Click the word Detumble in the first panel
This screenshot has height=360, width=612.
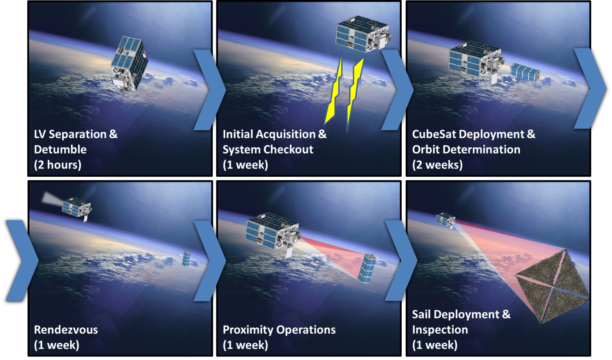coord(60,150)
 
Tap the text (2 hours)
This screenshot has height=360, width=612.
coord(58,165)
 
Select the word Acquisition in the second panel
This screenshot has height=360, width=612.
coord(286,134)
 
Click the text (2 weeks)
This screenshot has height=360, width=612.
coord(437,165)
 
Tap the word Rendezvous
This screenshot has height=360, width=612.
coord(66,330)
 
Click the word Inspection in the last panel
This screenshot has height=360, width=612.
coord(440,330)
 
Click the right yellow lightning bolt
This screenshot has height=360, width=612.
coord(355,94)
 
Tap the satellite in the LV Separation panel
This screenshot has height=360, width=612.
coord(129,64)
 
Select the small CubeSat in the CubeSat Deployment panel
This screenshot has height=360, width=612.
coord(525,72)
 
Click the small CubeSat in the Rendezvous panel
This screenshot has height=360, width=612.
coord(186,259)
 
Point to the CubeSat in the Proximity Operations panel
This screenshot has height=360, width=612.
coord(367,269)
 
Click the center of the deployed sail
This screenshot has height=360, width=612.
coord(552,287)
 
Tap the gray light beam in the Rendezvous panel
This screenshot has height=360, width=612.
coord(52,199)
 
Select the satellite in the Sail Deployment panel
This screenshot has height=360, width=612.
coord(445,220)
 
